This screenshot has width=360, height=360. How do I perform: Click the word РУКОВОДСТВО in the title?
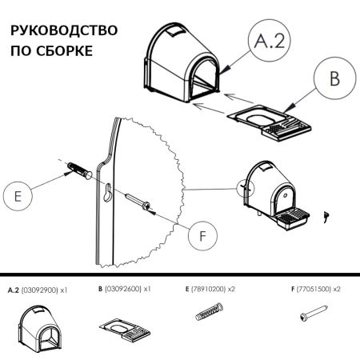(63, 31)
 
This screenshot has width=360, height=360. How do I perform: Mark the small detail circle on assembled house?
(244, 190)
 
